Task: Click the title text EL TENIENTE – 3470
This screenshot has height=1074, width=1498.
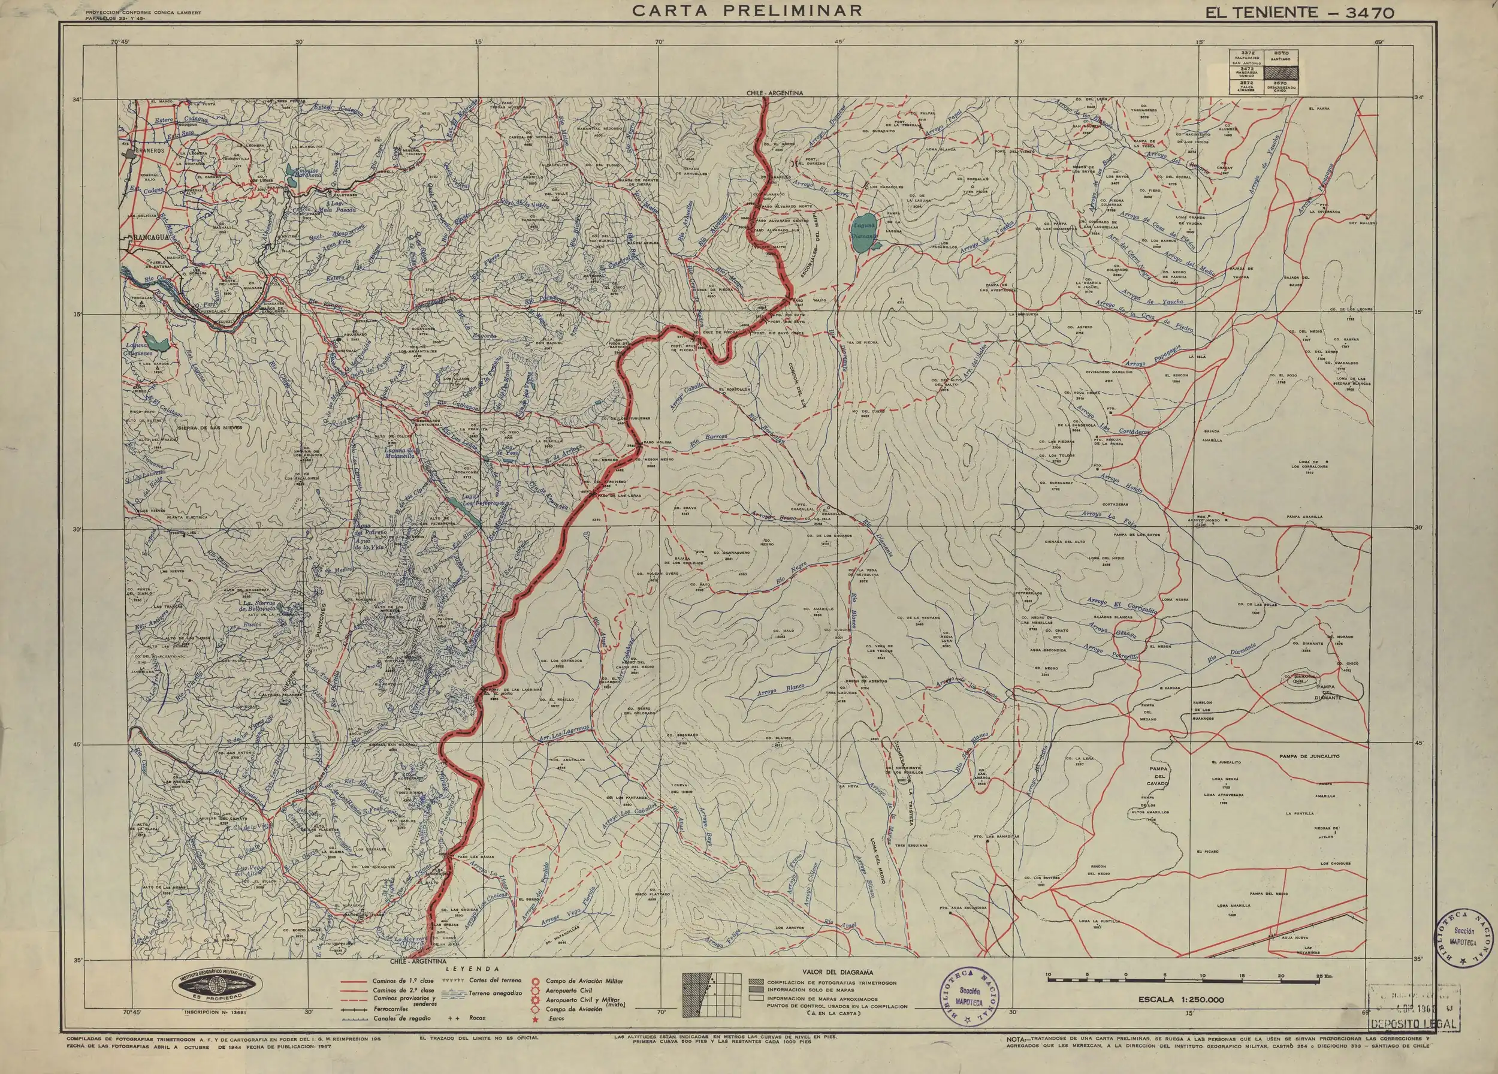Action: (1297, 13)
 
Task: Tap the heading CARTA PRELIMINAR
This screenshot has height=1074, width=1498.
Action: (748, 11)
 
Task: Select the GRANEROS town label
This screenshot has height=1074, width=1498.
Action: (149, 151)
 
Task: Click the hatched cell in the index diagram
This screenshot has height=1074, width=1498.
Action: (1280, 74)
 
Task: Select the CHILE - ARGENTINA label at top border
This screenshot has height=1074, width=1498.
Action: (774, 93)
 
